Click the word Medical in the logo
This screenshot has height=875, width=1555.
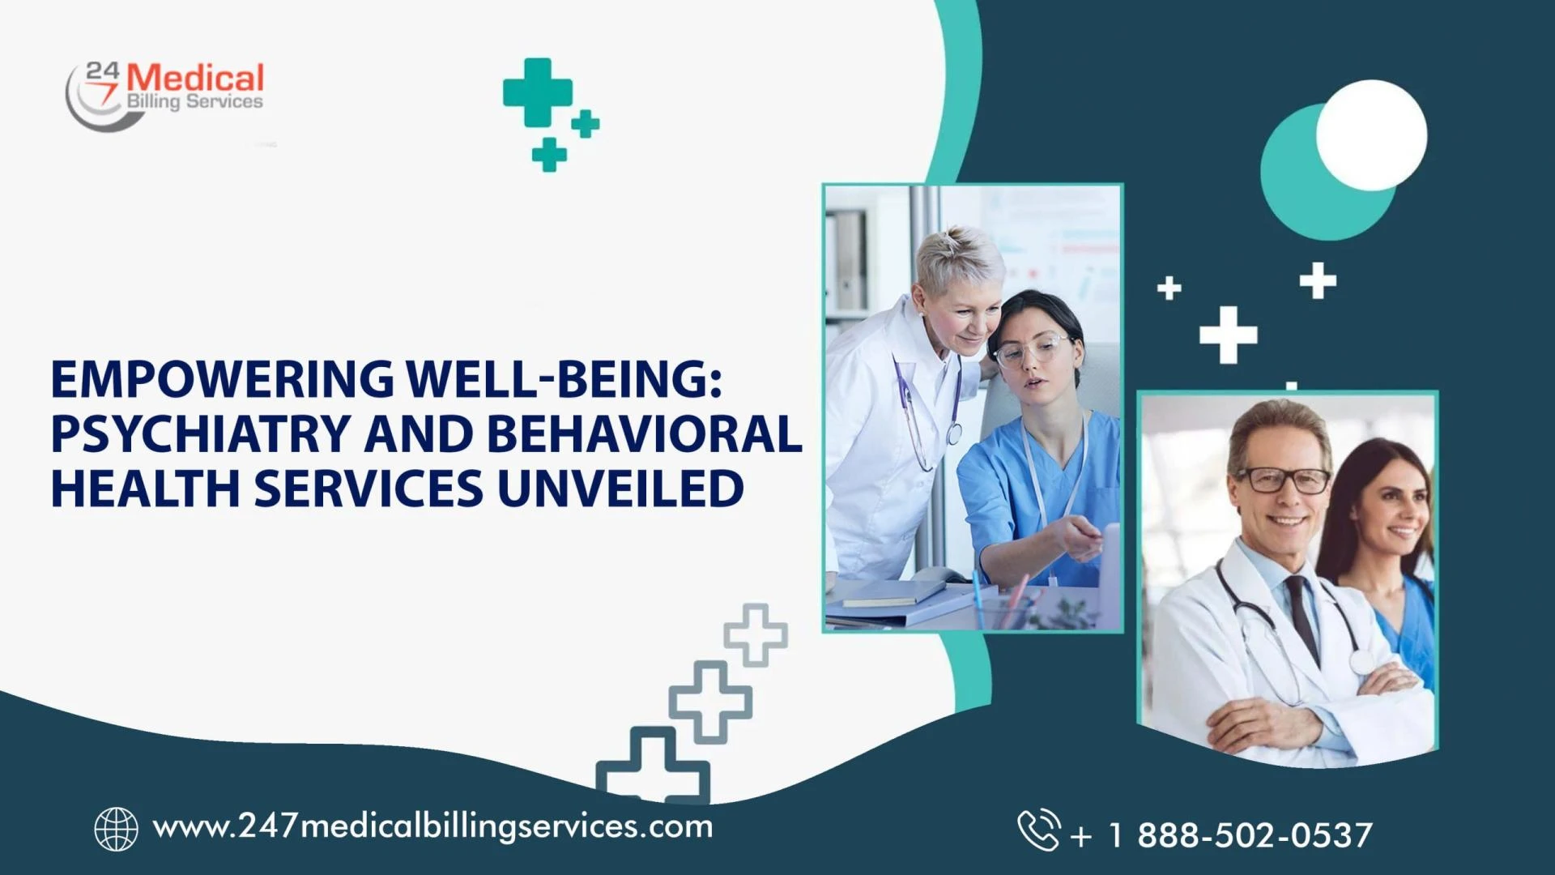pos(195,79)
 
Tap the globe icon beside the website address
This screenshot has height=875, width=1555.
pos(116,829)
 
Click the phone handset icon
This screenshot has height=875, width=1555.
pos(1038,830)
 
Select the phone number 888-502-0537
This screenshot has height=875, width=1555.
pos(1254,835)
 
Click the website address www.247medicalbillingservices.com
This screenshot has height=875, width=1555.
pos(432,827)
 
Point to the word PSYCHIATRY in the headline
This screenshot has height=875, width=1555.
pos(200,434)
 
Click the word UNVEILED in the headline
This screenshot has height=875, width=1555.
pos(620,489)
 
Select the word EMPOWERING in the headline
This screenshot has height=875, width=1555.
pos(222,379)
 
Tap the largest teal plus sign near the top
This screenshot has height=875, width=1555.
pos(537,92)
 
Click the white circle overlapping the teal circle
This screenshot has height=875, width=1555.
pos(1371,135)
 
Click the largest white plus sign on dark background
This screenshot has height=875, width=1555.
pos(1228,334)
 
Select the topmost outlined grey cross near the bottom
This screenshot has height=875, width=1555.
pos(755,634)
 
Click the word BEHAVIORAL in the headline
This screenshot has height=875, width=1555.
pos(644,434)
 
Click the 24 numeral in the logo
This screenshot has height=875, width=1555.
pos(102,70)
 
